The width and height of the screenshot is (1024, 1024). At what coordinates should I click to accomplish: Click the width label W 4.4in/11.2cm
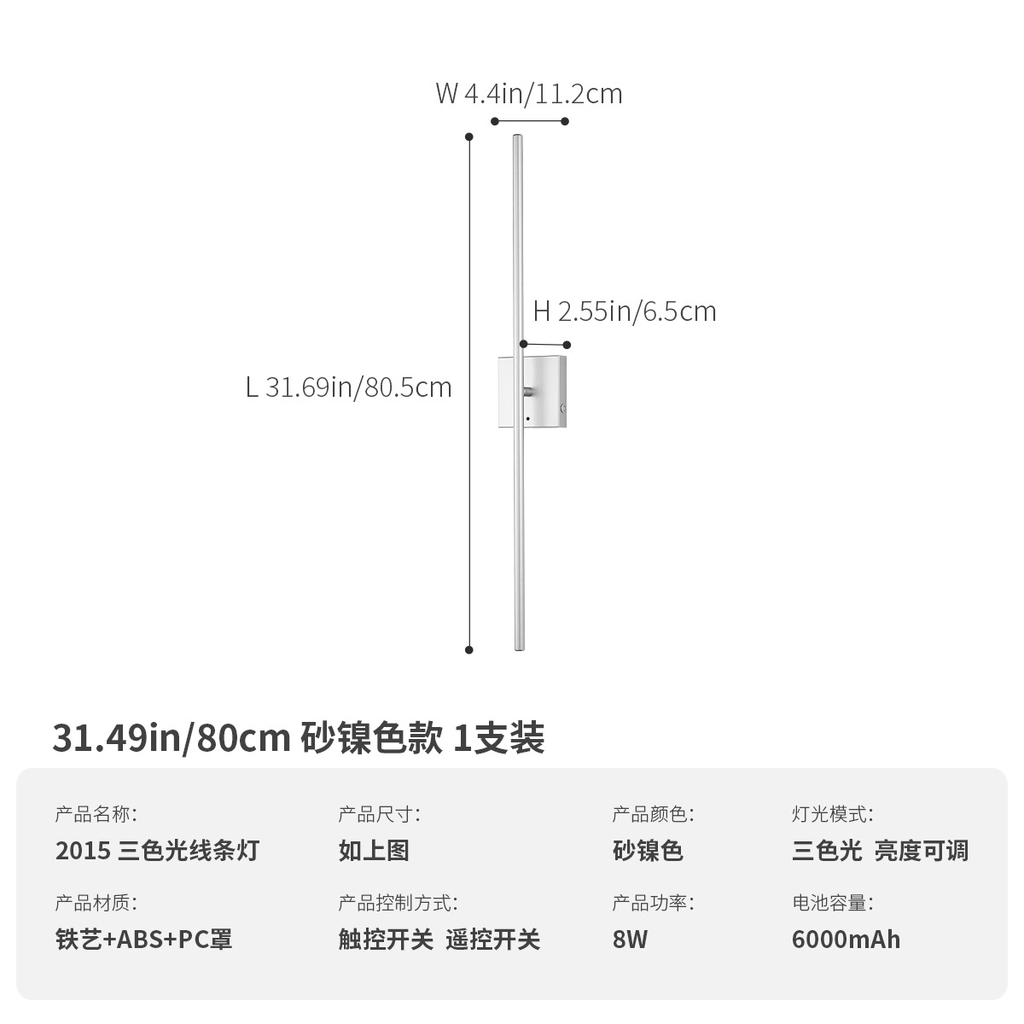click(529, 93)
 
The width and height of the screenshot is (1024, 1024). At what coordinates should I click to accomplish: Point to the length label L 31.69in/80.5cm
click(348, 387)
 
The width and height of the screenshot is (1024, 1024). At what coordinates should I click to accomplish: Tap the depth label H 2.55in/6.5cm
click(625, 311)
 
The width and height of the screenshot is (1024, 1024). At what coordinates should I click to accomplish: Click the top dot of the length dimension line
click(468, 137)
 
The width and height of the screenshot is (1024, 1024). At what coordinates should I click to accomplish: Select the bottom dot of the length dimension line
click(468, 649)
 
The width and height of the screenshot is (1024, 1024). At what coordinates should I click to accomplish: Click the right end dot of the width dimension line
click(565, 121)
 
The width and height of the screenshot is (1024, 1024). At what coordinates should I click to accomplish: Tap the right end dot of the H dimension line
click(567, 345)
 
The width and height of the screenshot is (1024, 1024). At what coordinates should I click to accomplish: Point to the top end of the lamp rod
click(516, 138)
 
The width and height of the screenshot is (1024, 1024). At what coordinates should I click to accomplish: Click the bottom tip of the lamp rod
click(517, 648)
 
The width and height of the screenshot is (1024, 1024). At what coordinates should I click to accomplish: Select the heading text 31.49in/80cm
click(172, 738)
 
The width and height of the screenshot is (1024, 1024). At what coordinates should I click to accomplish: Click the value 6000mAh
click(846, 940)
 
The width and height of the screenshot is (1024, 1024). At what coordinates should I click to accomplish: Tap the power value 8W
click(630, 940)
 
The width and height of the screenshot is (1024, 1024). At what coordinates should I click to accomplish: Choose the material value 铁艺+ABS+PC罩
click(143, 940)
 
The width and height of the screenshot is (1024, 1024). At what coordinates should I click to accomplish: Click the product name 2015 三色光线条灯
click(157, 851)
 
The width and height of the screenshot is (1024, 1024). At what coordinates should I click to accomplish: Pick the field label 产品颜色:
click(653, 814)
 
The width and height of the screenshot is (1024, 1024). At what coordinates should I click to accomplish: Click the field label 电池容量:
click(832, 903)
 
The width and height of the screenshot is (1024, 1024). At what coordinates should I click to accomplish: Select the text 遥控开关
click(493, 940)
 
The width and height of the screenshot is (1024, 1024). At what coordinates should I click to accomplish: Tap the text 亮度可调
click(922, 851)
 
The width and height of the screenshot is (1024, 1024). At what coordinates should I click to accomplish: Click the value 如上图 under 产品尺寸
click(374, 851)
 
